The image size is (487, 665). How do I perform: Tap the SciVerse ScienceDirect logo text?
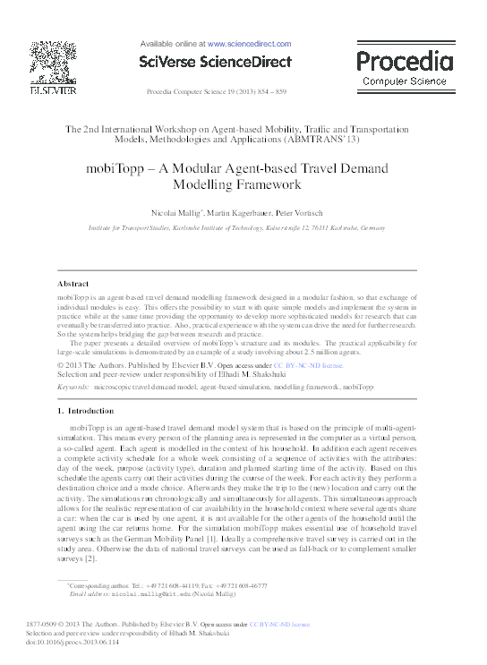point(215,62)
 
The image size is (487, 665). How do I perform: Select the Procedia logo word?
point(405,62)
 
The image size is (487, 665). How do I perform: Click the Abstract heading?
point(73,284)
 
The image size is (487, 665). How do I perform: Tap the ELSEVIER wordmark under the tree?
point(47,90)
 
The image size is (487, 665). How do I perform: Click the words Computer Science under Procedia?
point(405,81)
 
